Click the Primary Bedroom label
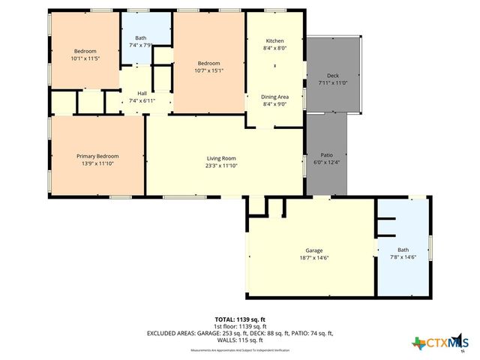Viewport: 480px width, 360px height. [97, 156]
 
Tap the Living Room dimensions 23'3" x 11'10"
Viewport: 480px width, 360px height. [222, 166]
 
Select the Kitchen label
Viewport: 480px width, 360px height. [274, 40]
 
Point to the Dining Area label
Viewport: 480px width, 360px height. [274, 97]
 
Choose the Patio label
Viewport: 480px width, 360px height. [326, 155]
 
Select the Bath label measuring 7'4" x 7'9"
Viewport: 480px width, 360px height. [140, 37]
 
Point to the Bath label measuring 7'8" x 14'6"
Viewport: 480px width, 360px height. [403, 250]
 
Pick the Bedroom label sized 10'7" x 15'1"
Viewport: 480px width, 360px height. [208, 63]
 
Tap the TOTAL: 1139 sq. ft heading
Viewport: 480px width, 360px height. [240, 319]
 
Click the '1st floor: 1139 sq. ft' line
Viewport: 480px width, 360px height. [240, 326]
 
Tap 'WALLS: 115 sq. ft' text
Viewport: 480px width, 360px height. [240, 340]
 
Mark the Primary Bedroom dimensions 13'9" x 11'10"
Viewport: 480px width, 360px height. [97, 163]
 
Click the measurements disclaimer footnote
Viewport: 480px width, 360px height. [240, 350]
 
